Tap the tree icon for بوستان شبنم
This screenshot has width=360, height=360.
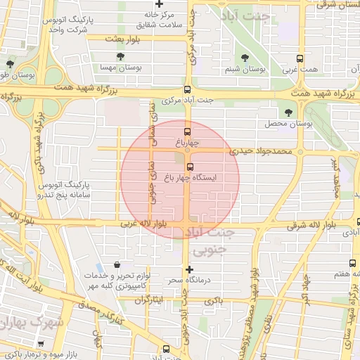[x=245, y=58]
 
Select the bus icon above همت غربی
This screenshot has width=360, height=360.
[x=300, y=60]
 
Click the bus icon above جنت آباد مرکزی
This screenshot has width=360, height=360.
[x=187, y=89]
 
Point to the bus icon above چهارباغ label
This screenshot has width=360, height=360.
[x=187, y=131]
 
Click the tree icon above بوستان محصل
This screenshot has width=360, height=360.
[x=288, y=112]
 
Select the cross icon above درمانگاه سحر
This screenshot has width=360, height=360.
[x=188, y=269]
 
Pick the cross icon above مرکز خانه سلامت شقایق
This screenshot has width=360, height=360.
[x=160, y=4]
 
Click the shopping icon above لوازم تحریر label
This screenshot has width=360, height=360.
[x=116, y=265]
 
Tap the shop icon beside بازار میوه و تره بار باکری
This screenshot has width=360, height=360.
[x=40, y=345]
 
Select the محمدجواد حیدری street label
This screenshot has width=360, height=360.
[x=262, y=150]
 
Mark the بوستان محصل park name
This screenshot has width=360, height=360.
[x=288, y=124]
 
